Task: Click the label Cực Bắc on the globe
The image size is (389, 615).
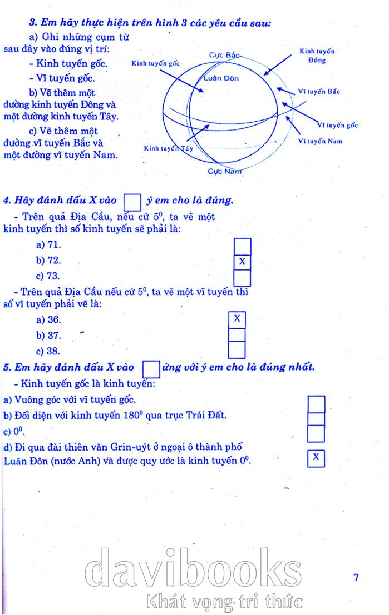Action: tap(224, 55)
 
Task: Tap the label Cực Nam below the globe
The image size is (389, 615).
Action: tap(225, 171)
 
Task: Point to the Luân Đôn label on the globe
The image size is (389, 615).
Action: tap(221, 78)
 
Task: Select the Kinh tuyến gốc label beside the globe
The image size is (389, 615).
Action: tap(155, 63)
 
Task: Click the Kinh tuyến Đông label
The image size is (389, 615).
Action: tap(317, 56)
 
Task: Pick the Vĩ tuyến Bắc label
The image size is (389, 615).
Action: tap(319, 92)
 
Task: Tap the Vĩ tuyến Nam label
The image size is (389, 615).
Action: tap(320, 141)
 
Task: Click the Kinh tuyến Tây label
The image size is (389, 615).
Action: tap(169, 148)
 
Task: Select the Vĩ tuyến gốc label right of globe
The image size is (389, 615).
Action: tap(338, 126)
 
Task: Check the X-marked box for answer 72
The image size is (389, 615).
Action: tap(242, 261)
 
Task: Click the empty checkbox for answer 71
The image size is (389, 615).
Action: tap(242, 246)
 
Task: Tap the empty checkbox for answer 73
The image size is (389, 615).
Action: tap(242, 277)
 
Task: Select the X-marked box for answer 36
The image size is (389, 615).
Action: tap(237, 319)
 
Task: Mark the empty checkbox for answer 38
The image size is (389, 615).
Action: tap(237, 350)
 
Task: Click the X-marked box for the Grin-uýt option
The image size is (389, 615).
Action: tap(316, 458)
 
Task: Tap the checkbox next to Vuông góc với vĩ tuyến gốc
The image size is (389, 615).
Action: tap(316, 403)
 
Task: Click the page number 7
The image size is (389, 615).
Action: tap(356, 577)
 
